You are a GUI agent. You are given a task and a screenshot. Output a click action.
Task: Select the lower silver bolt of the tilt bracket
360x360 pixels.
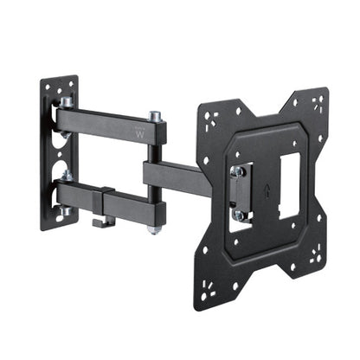click(237, 214)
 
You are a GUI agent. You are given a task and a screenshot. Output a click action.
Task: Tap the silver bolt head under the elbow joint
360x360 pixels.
click(154, 230)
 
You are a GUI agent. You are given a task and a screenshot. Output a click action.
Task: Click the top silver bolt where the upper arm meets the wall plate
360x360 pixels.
click(67, 101)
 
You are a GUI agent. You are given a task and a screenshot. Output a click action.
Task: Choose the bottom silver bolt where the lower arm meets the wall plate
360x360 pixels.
click(66, 211)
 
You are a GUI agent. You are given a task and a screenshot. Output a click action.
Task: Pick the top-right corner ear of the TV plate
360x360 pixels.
click(316, 100)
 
